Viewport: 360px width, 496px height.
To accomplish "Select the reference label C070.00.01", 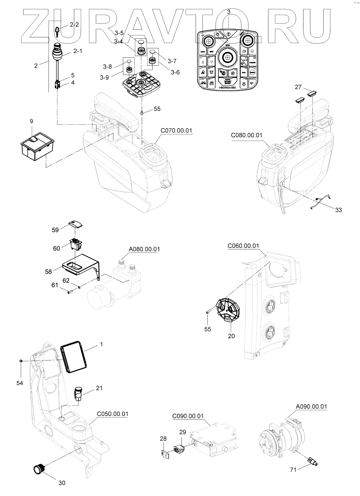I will coord(176,130).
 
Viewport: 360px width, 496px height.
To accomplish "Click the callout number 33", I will coord(338,210).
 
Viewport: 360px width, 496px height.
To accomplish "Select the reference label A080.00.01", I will coord(144,249).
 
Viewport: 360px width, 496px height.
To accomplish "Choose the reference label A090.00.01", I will coord(311,407).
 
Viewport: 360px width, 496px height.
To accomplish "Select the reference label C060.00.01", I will coord(243,246).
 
